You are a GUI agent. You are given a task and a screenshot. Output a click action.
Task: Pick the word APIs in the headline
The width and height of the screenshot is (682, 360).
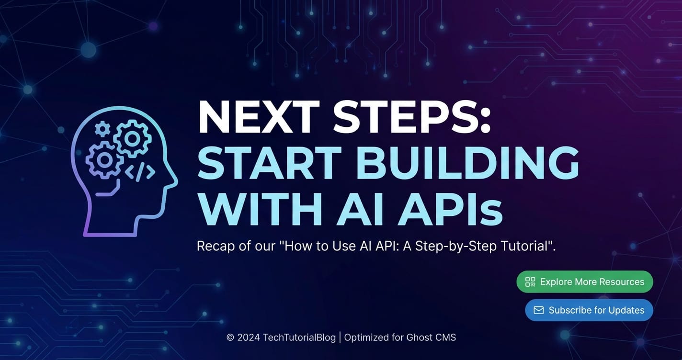(x=451, y=209)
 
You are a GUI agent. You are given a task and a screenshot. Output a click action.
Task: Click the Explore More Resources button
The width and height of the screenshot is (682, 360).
(x=585, y=282)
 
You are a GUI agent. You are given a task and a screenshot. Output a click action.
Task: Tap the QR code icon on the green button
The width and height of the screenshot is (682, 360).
(x=530, y=282)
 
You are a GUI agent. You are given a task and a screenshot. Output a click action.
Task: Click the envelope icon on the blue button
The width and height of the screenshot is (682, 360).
(x=539, y=310)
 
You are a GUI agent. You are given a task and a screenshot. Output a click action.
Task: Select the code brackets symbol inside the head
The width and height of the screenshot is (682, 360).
(x=140, y=172)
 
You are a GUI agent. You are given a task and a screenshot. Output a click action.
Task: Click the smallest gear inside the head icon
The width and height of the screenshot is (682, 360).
(x=102, y=129)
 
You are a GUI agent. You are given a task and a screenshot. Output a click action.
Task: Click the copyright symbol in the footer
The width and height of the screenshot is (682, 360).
(x=230, y=337)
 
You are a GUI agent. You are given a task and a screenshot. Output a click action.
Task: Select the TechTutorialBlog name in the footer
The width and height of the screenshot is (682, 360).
(x=299, y=337)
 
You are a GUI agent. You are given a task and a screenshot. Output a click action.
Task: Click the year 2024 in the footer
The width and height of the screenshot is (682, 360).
(x=249, y=337)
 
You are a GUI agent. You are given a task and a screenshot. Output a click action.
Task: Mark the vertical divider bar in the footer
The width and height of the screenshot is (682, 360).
(x=340, y=337)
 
